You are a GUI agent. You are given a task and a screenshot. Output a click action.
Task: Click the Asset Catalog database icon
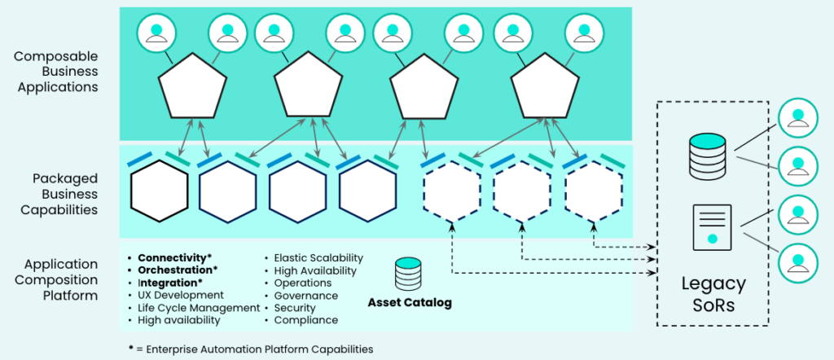point(408,274)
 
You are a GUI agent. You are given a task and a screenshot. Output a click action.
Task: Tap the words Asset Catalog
point(410,303)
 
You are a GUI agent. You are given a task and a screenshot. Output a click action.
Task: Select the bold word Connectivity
point(168,258)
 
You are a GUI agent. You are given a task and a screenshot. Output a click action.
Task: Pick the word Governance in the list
point(306,295)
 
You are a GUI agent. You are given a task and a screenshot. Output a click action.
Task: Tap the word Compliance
point(306,320)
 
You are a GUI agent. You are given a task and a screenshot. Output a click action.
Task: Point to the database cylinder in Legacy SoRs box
point(706,156)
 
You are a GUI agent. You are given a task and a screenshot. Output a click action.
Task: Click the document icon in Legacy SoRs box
point(712,227)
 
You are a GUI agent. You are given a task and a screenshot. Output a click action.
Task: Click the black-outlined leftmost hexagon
point(160,191)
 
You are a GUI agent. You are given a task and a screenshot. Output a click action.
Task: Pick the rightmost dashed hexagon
point(594,191)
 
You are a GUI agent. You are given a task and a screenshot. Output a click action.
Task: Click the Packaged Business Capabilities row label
point(59,194)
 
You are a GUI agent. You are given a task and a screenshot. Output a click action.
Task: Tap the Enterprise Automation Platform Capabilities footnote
point(251,349)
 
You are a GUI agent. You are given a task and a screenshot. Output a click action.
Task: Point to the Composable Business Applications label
point(56,72)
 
